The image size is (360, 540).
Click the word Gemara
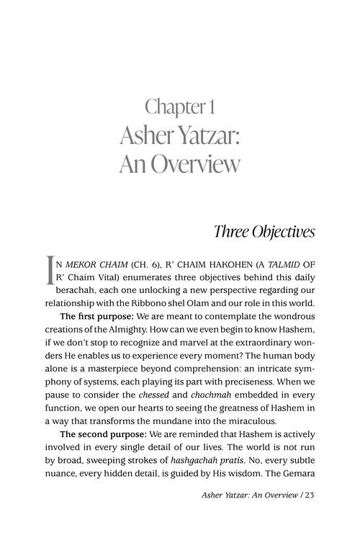click(295, 483)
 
